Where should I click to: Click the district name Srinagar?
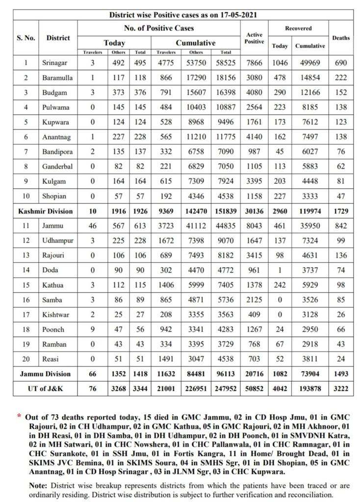pos(54,63)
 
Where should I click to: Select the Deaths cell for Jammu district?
pos(341,226)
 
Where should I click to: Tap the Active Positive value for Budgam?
pos(254,92)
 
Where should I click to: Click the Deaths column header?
pos(341,38)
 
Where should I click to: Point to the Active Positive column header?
pos(254,38)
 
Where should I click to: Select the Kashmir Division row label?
pos(45,211)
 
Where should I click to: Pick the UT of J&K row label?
pos(45,388)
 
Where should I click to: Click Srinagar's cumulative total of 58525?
pos(226,63)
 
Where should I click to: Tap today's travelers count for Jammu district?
pos(92,226)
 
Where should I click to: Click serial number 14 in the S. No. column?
pos(26,270)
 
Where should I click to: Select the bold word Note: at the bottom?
pos(39,486)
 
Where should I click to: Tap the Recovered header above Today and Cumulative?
pos(298,28)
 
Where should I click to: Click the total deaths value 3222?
pos(341,388)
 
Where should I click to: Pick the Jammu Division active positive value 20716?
pos(254,374)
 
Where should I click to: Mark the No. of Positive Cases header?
pos(159,28)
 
